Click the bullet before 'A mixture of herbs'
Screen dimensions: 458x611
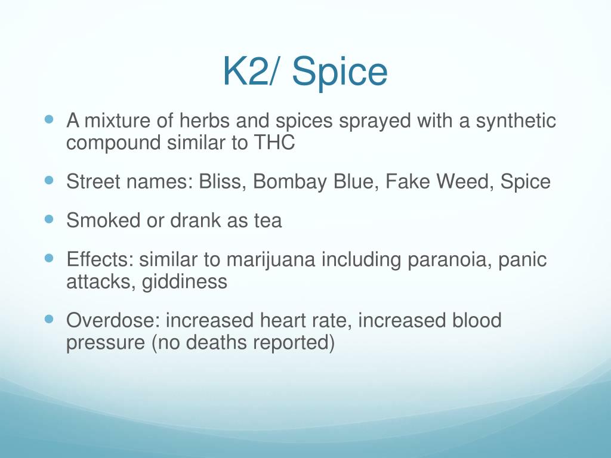(50, 119)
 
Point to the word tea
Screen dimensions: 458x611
(266, 221)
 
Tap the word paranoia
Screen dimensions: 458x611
(434, 261)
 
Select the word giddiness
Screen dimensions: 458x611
(184, 281)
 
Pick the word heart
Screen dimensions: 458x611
(282, 321)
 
